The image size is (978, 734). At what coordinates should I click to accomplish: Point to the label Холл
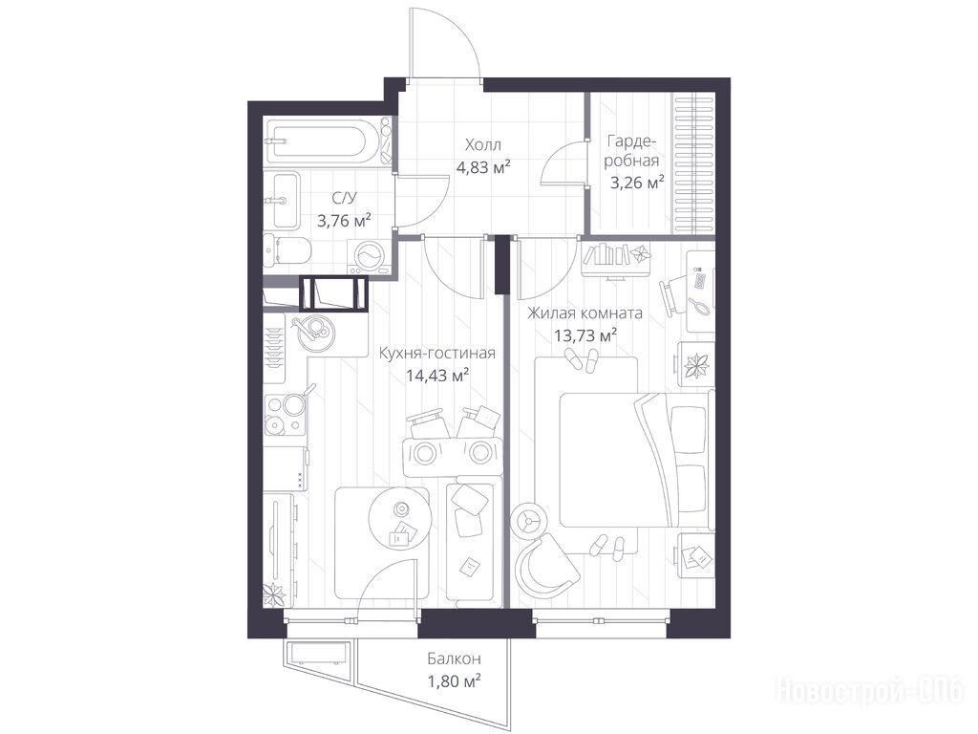(x=482, y=145)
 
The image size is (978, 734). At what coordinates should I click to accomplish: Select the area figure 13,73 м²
(x=585, y=335)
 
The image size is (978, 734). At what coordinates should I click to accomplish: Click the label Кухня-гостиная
(x=437, y=354)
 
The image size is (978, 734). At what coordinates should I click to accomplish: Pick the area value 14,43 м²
(x=437, y=376)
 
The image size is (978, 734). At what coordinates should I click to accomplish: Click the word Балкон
(x=454, y=658)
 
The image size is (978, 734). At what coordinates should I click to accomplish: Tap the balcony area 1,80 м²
(x=454, y=680)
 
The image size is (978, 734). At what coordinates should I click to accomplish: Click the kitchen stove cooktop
(x=285, y=415)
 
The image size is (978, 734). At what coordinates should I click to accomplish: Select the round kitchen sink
(x=315, y=331)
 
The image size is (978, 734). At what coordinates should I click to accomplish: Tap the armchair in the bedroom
(x=547, y=566)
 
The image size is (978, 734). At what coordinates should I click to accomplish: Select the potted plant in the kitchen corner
(x=273, y=594)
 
